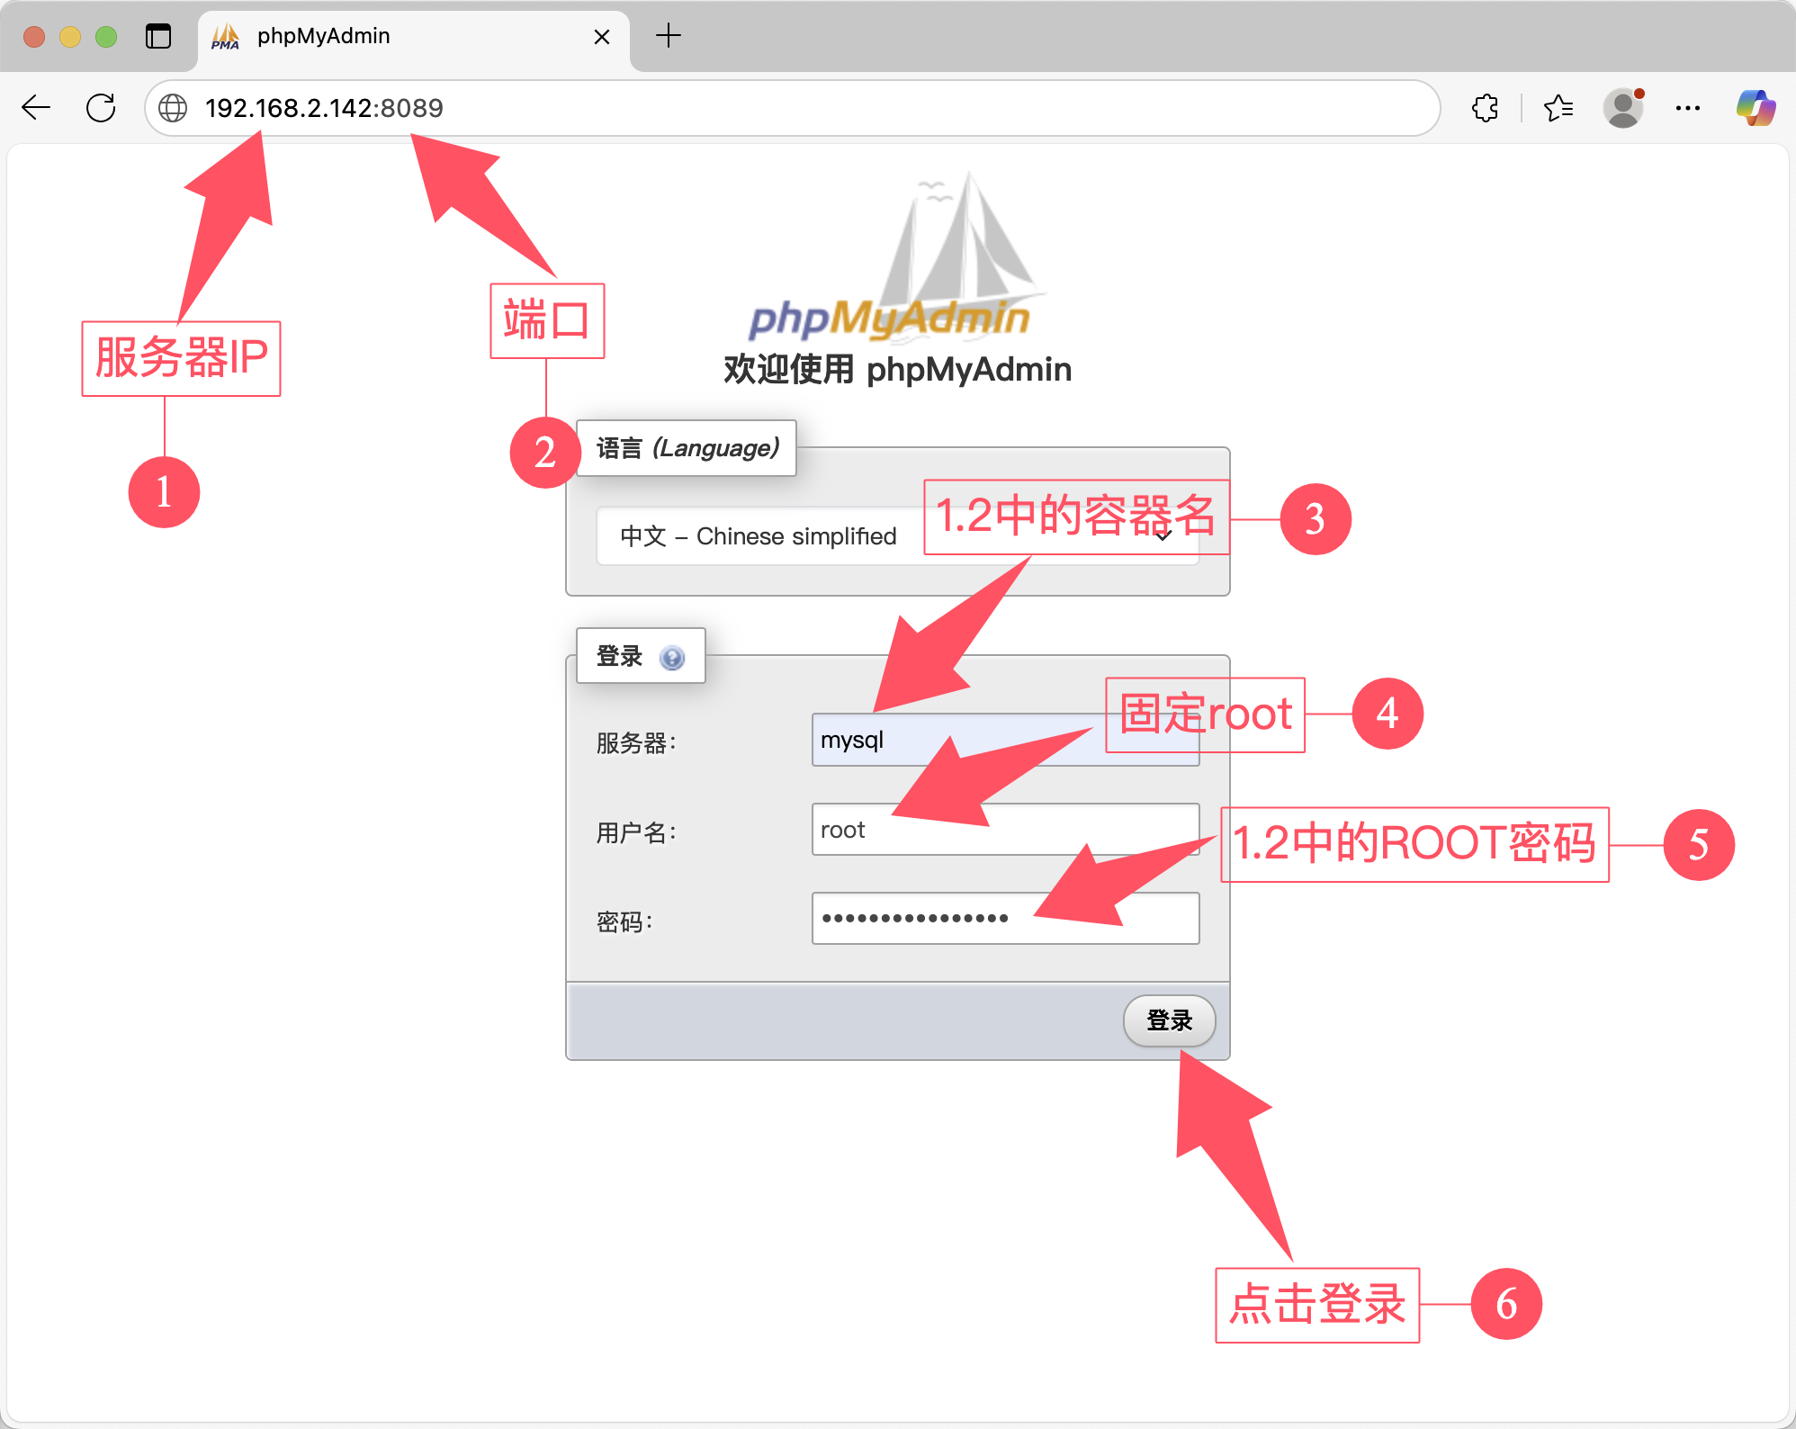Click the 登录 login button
point(1169,1020)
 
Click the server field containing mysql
point(954,741)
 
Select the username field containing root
point(1004,830)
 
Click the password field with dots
point(1004,919)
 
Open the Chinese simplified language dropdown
point(765,536)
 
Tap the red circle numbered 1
point(164,492)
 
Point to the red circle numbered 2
point(544,452)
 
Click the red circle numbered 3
point(1315,519)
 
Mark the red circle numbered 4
point(1387,714)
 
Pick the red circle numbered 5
point(1698,844)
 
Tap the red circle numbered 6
point(1506,1304)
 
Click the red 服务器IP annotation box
point(181,358)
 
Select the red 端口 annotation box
point(547,321)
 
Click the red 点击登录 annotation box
point(1317,1305)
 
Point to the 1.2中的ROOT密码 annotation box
point(1414,844)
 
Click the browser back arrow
point(36,108)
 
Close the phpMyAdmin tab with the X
point(602,37)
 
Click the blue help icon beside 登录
point(671,658)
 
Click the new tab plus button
point(669,36)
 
